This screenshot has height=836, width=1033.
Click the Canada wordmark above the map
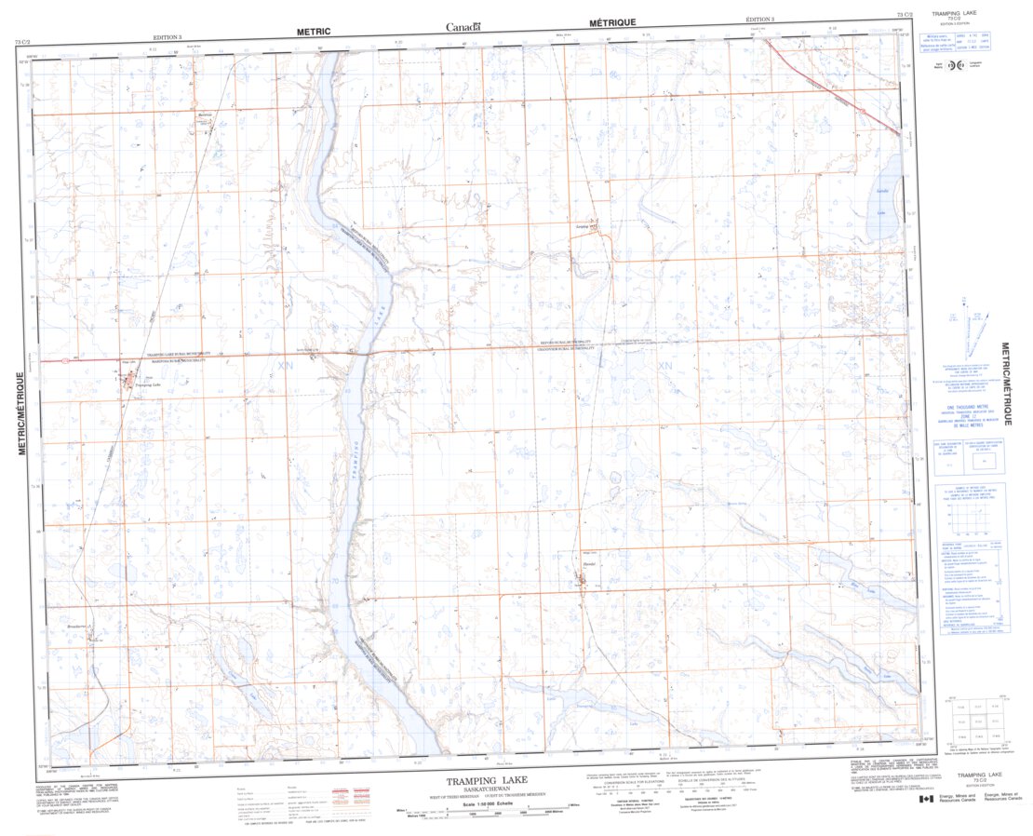click(x=463, y=27)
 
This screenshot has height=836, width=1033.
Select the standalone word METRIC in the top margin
click(x=313, y=31)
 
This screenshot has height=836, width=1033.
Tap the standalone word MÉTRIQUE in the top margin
click(x=612, y=22)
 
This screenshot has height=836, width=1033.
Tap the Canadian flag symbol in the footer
click(x=926, y=799)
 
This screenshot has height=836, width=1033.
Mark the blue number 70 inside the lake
click(x=334, y=581)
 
